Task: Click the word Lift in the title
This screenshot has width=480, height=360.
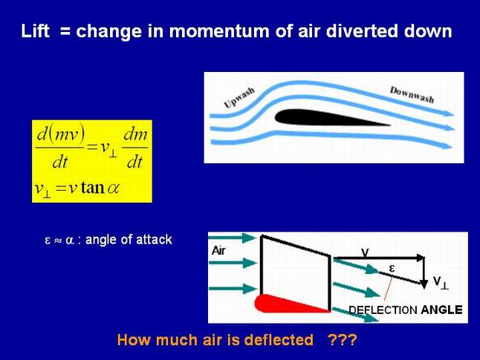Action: click(35, 31)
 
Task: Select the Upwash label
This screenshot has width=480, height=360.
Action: click(239, 97)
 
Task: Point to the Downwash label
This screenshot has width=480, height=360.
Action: click(412, 95)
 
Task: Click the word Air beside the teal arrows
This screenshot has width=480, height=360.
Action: click(218, 251)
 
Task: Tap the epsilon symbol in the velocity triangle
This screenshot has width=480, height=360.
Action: click(392, 269)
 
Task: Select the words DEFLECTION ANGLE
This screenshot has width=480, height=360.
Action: click(406, 310)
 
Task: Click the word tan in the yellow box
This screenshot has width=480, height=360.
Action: click(92, 187)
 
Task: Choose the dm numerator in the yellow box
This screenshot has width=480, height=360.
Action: click(135, 135)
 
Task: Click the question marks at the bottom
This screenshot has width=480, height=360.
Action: click(342, 339)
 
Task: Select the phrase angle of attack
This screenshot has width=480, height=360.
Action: click(129, 240)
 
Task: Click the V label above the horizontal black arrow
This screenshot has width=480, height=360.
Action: click(366, 252)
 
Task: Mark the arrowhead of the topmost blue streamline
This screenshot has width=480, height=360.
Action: click(449, 114)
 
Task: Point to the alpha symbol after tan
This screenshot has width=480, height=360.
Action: click(113, 188)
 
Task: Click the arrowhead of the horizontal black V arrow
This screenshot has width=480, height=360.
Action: click(421, 258)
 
